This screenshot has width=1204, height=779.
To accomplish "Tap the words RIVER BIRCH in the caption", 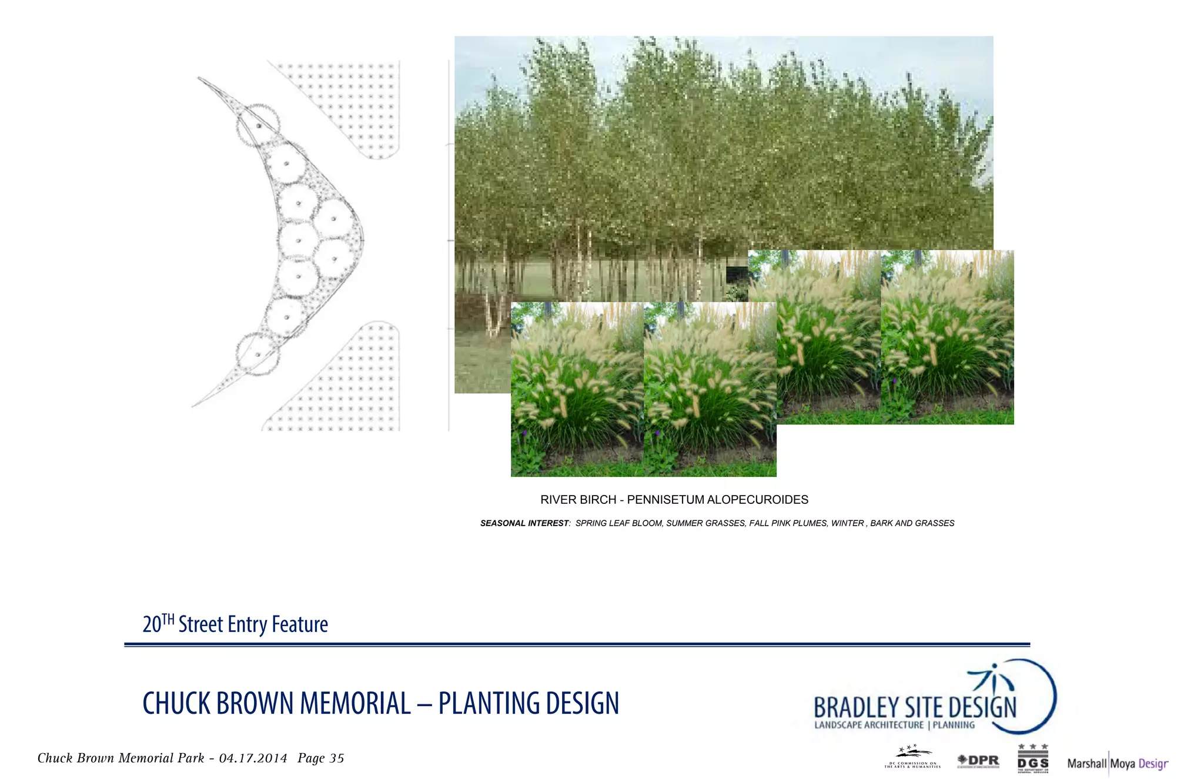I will click(578, 500).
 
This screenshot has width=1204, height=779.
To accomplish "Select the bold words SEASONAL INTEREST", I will click(524, 523).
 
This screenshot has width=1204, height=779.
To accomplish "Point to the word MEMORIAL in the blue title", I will click(355, 704).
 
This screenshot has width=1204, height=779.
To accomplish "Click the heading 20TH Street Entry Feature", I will click(235, 624).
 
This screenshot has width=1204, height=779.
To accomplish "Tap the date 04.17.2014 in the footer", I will click(253, 758).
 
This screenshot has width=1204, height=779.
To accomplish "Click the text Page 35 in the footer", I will click(320, 758).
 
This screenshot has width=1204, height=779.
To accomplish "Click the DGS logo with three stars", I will click(1033, 758).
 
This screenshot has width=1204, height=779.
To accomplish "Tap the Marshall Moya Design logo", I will click(1117, 764).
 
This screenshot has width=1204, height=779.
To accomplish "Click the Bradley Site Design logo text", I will click(915, 707).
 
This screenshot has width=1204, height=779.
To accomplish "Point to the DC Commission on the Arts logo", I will click(912, 758).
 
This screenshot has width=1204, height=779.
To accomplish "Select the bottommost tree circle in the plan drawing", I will click(257, 355).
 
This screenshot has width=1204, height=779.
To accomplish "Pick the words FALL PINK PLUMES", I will click(788, 523).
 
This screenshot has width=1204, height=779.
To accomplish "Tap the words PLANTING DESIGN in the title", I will click(529, 704).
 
